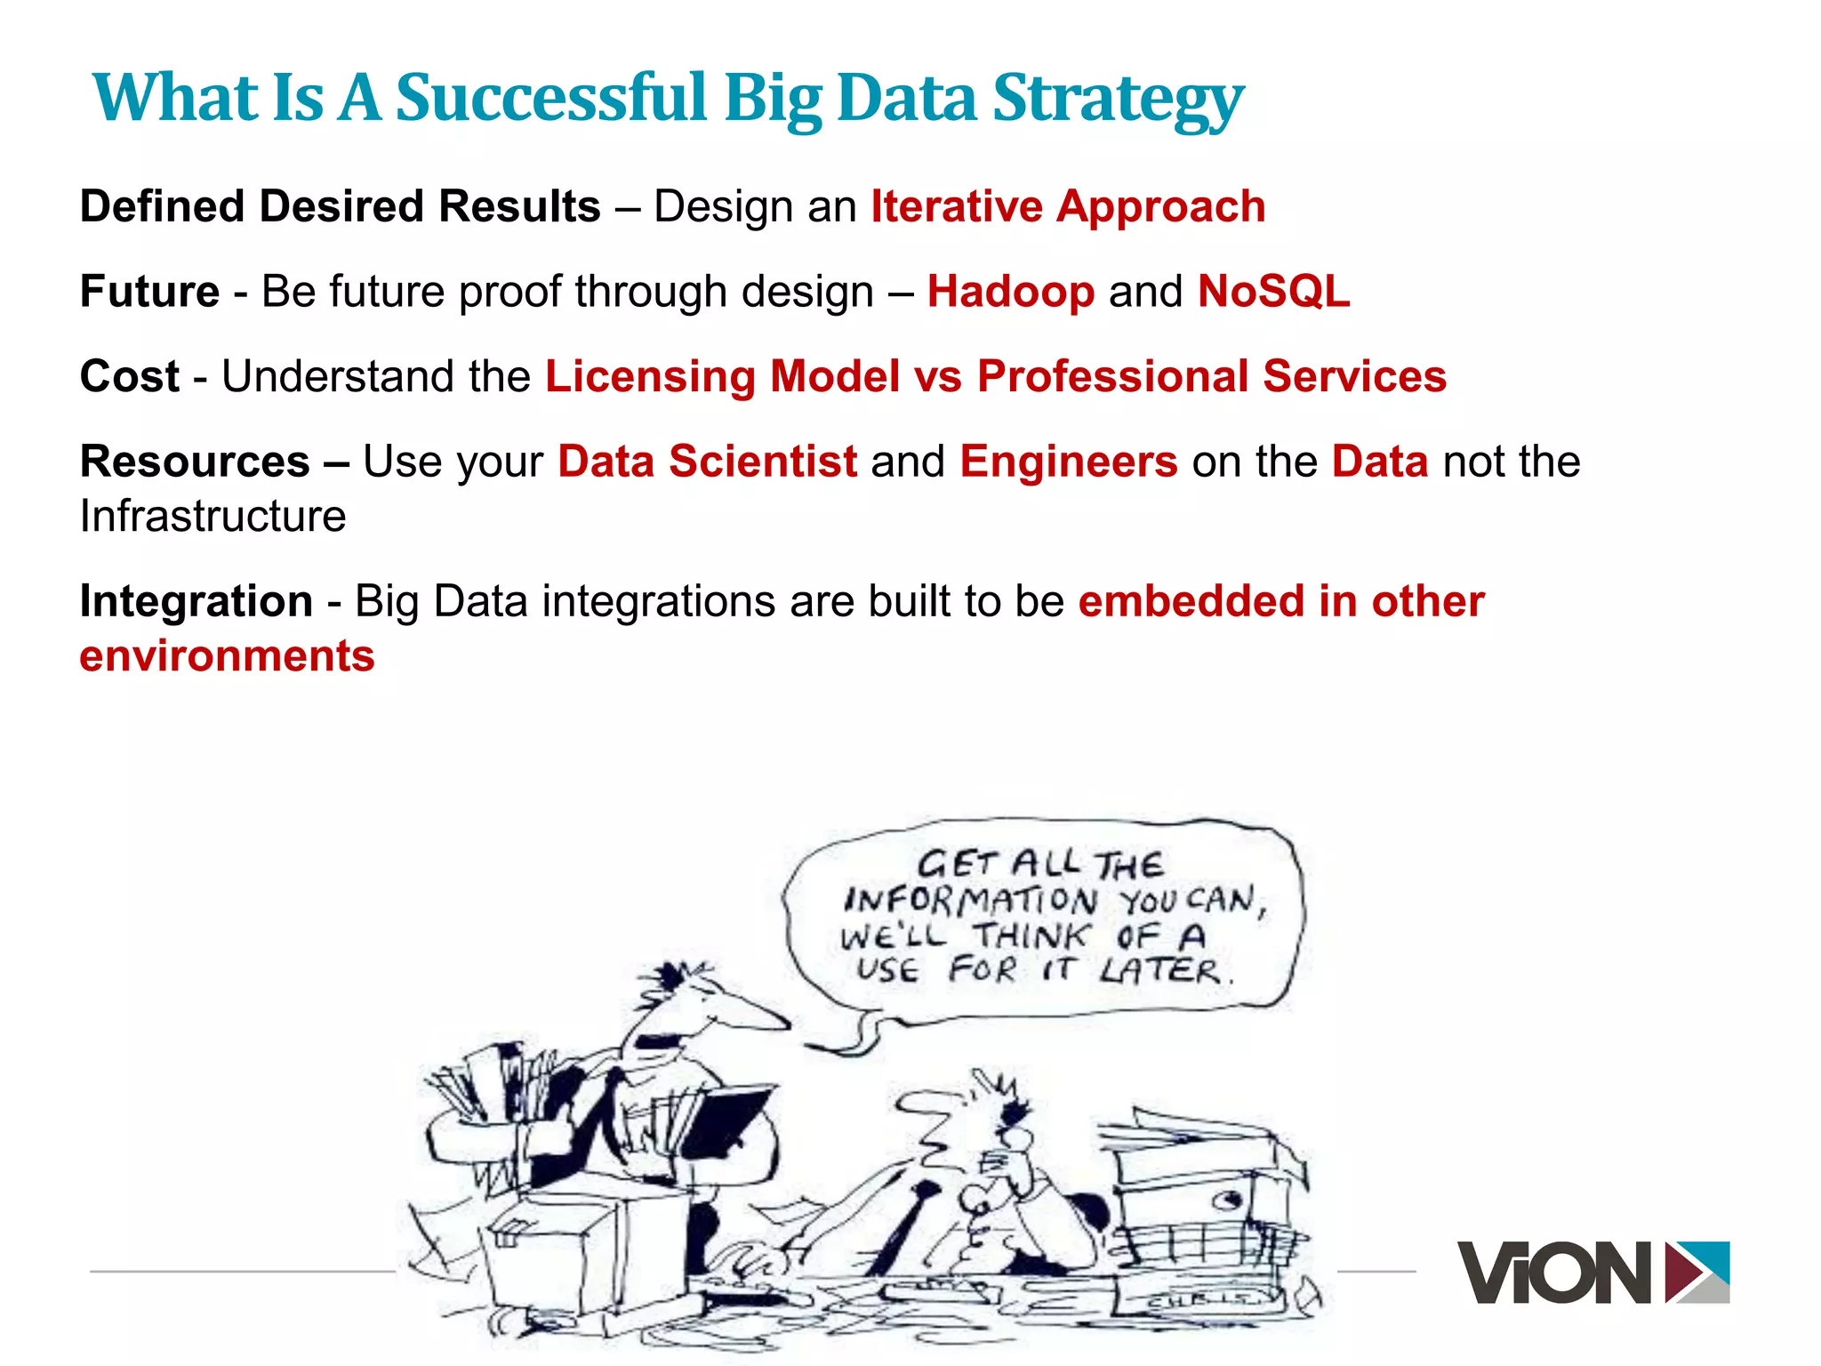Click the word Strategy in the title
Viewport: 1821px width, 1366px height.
click(x=1117, y=100)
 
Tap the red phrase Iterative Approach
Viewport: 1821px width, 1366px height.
click(x=1067, y=206)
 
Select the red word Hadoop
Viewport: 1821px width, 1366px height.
click(x=1010, y=292)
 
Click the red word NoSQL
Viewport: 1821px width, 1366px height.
click(x=1273, y=292)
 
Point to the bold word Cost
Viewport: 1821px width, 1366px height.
click(x=130, y=376)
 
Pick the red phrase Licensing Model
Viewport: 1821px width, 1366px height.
click(x=722, y=376)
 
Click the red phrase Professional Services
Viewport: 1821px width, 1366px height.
click(x=1211, y=376)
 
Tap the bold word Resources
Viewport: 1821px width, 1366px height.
click(x=195, y=462)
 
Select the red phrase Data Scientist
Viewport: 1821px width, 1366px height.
click(x=707, y=462)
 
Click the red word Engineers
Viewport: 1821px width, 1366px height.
click(x=1068, y=462)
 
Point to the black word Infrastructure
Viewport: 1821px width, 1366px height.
click(x=213, y=517)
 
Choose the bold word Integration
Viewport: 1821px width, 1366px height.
click(x=196, y=601)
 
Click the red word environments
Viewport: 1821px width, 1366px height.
click(x=227, y=656)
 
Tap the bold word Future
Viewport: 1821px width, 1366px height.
click(x=149, y=292)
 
